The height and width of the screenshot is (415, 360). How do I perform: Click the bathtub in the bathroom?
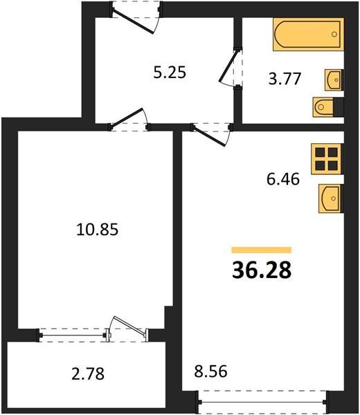coord(308,35)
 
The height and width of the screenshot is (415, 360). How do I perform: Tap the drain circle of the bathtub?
coord(334,34)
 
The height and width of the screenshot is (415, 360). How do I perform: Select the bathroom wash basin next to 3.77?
coord(334,80)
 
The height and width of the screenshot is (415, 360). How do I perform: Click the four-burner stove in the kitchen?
coord(327,159)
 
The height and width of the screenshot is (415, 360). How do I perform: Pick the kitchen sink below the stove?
coord(331,199)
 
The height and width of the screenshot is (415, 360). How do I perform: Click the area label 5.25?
coord(170,73)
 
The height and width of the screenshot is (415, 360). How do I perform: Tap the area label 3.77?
coord(285,79)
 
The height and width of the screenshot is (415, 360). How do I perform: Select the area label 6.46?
coord(283,179)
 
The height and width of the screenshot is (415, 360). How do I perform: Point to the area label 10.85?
coord(97,229)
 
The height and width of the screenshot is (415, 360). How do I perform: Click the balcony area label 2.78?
coord(88,374)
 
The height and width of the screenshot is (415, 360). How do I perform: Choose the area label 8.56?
coord(210,371)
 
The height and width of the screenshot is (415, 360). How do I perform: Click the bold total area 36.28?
coord(262,270)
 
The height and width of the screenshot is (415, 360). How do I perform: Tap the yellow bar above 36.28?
coord(262,250)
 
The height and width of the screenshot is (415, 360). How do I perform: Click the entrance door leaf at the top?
coord(133,21)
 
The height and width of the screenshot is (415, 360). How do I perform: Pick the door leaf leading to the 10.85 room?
coord(127,118)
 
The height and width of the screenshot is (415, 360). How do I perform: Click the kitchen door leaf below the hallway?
coord(209,136)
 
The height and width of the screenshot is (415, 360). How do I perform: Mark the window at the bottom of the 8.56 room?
coord(262,402)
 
